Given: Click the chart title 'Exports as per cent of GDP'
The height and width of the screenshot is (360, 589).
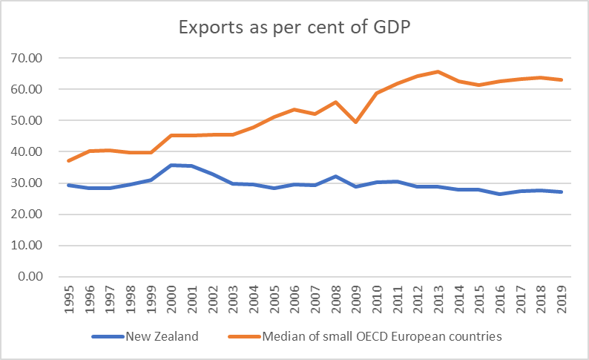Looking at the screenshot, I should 294,28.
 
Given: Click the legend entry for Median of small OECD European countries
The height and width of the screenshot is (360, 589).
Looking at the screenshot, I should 382,336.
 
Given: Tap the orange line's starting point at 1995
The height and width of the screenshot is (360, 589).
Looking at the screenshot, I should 68,160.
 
